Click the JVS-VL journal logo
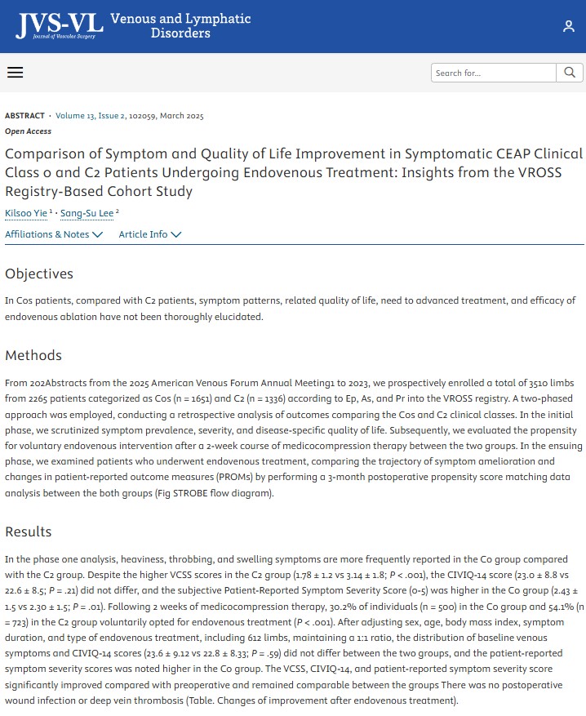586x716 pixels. [60, 25]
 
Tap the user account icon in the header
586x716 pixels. [568, 26]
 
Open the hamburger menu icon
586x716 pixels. [15, 73]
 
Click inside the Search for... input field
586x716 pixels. [493, 73]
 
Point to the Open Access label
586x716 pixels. [28, 131]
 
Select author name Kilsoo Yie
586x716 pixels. [26, 213]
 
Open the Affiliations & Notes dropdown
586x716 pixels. [54, 234]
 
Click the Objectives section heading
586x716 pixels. [39, 274]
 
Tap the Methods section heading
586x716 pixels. [33, 355]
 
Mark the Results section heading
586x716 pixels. [29, 531]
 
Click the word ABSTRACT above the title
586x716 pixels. [24, 116]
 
